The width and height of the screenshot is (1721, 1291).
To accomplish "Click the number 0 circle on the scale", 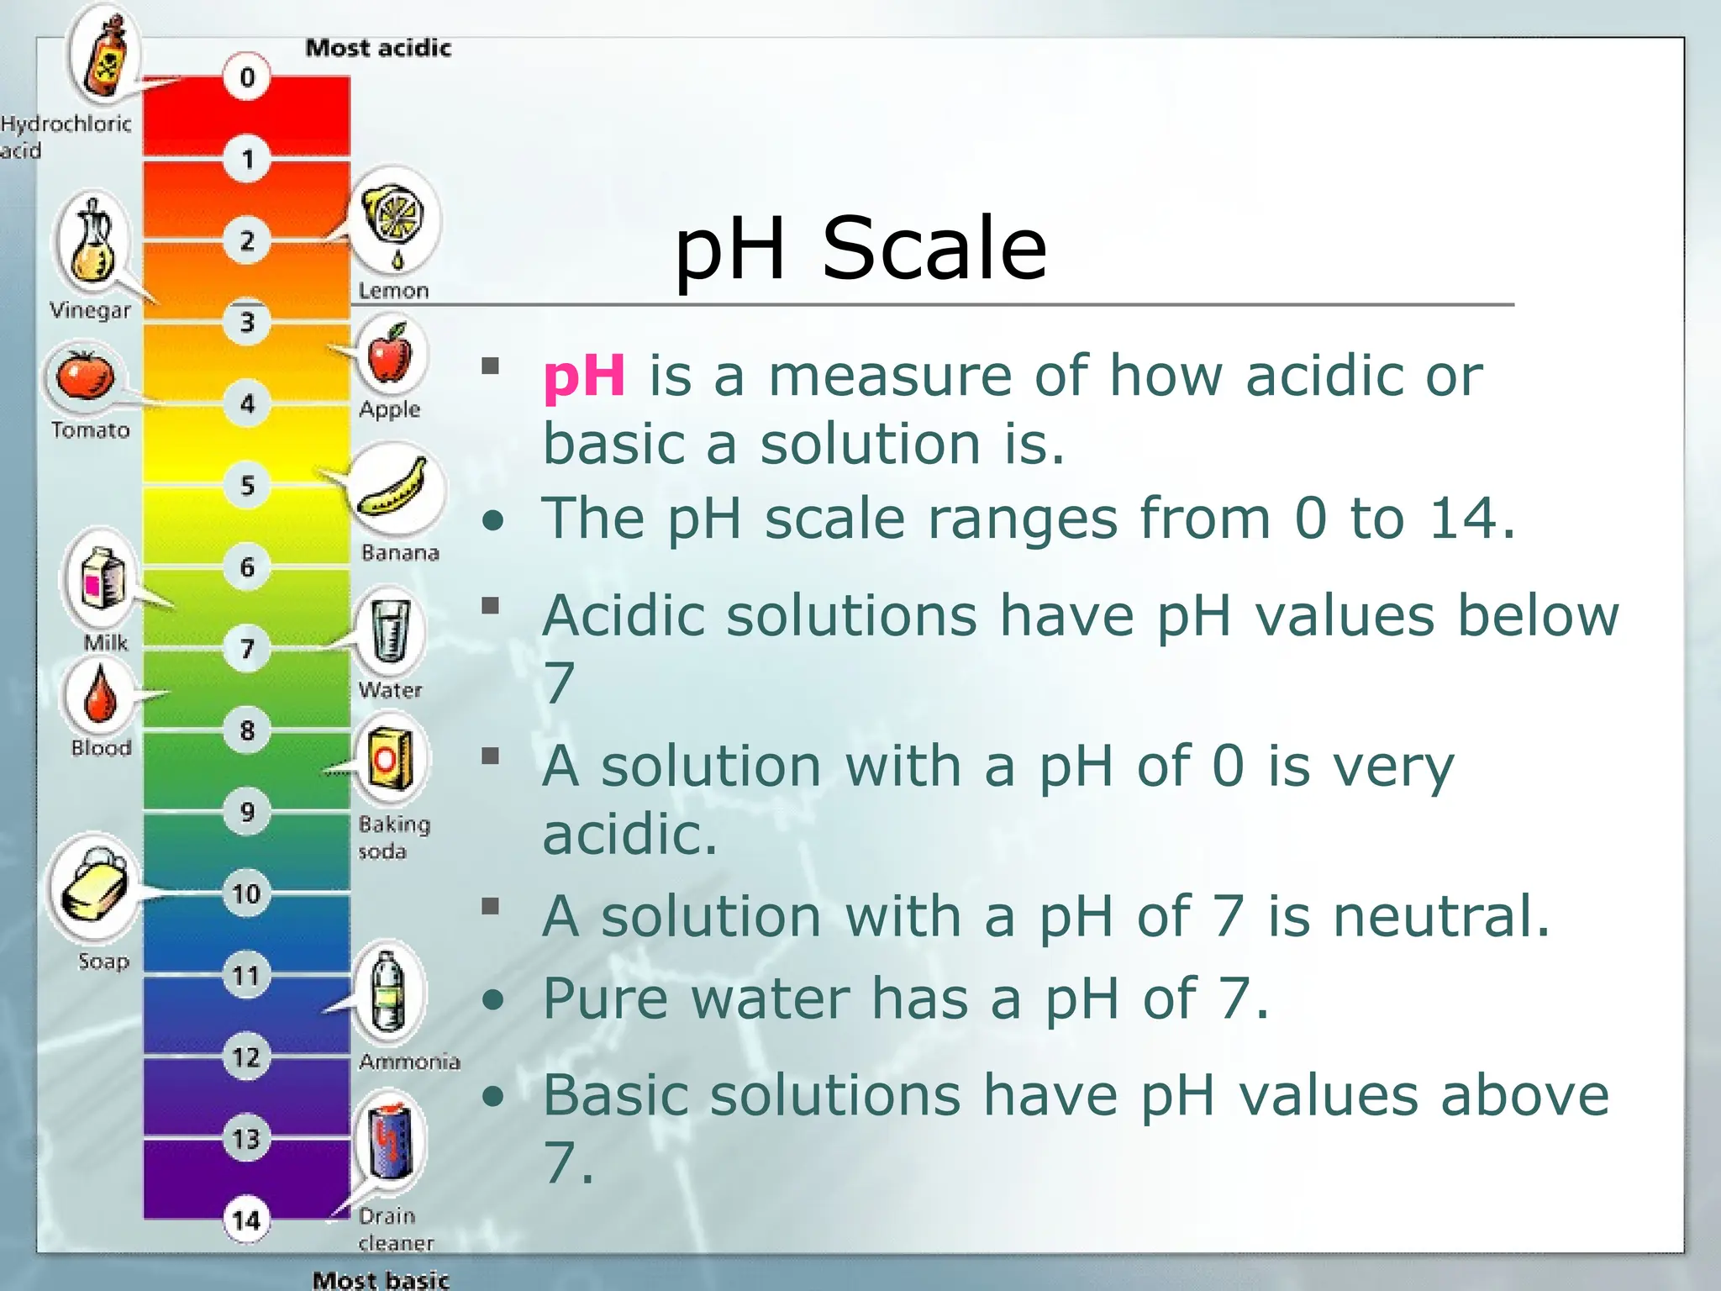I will click(246, 77).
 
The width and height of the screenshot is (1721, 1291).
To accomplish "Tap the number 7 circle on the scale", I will click(246, 648).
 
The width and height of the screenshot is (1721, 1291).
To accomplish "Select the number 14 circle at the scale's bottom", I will click(246, 1220).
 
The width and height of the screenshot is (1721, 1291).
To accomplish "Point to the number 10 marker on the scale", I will click(246, 893).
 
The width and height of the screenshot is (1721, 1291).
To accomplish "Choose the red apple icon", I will click(389, 355).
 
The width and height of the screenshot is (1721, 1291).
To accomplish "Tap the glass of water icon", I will click(390, 632).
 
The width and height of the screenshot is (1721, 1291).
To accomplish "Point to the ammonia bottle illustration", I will click(387, 992).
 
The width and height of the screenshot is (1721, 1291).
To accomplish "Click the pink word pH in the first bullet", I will click(584, 376).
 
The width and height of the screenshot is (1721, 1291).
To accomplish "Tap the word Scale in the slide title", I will click(934, 248).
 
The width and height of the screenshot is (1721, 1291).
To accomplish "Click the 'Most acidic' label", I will click(378, 48).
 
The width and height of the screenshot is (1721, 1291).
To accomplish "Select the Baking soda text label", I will click(393, 837).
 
